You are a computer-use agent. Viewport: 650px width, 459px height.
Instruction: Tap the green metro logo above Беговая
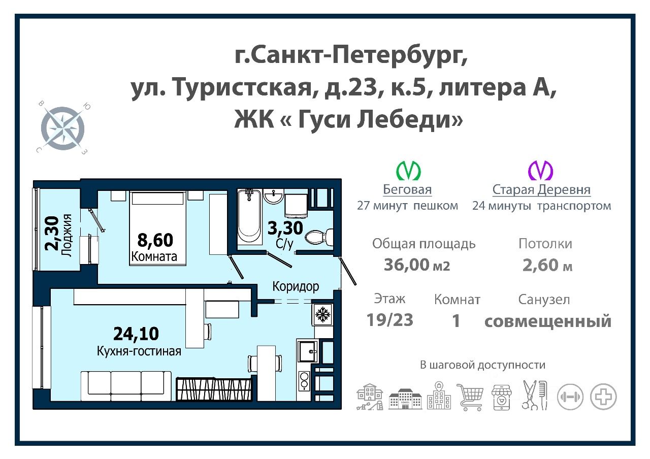pyautogui.click(x=409, y=171)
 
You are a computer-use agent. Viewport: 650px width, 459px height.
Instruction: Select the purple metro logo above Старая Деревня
pyautogui.click(x=541, y=171)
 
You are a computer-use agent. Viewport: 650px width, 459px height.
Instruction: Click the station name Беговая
pyautogui.click(x=407, y=190)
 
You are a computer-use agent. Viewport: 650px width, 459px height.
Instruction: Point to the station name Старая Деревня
pyautogui.click(x=541, y=190)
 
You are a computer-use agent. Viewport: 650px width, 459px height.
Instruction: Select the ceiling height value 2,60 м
pyautogui.click(x=547, y=265)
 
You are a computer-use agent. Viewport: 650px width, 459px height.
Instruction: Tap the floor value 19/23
pyautogui.click(x=389, y=320)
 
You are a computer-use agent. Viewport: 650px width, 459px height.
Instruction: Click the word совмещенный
pyautogui.click(x=547, y=321)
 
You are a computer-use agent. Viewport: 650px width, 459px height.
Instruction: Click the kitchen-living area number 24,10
pyautogui.click(x=136, y=334)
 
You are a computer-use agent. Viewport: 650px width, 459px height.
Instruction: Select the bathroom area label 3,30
pyautogui.click(x=285, y=227)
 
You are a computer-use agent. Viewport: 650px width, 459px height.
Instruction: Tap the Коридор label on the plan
pyautogui.click(x=296, y=286)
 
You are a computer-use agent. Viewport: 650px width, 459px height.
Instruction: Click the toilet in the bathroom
pyautogui.click(x=321, y=237)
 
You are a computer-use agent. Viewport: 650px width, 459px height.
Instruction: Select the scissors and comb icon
pyautogui.click(x=535, y=395)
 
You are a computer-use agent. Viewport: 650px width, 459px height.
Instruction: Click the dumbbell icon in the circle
pyautogui.click(x=571, y=397)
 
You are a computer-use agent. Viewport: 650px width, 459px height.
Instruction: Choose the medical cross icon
pyautogui.click(x=604, y=397)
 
